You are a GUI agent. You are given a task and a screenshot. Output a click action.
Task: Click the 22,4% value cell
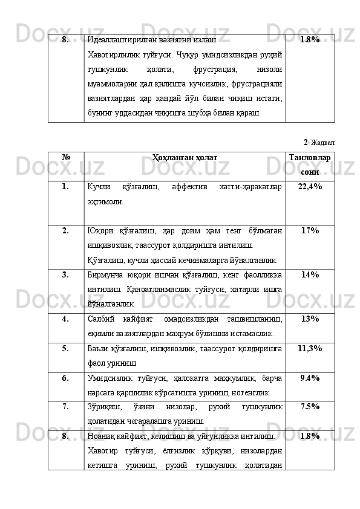click(310, 187)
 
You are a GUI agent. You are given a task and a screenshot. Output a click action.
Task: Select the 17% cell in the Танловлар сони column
click(310, 231)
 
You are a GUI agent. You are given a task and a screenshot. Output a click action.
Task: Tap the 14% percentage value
click(310, 274)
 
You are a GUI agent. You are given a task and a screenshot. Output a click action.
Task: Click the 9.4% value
click(310, 378)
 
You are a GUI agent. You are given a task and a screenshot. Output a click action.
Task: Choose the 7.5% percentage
click(310, 406)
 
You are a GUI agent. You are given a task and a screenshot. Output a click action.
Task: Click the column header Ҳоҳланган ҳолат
click(185, 157)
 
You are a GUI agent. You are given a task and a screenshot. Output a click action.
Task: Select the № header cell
click(65, 157)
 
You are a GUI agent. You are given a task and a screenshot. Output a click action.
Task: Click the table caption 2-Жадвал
click(319, 143)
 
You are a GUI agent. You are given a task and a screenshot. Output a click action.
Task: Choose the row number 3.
click(64, 274)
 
